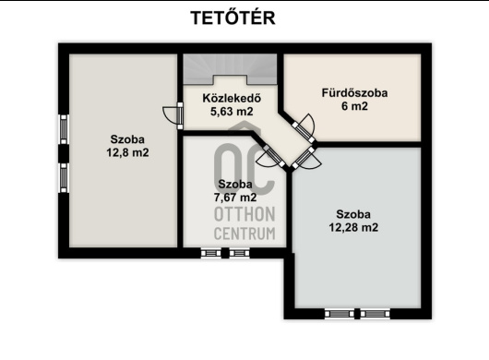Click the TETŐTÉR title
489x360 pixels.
click(233, 18)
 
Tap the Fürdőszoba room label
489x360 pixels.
click(354, 93)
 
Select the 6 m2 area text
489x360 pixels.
click(354, 106)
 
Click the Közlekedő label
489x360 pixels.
click(232, 98)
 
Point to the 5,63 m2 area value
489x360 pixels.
click(232, 112)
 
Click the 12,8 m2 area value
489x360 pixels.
click(127, 152)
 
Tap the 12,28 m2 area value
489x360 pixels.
click(353, 227)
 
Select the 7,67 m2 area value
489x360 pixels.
click(235, 198)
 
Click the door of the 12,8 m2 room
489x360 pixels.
click(173, 115)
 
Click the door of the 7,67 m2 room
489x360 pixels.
click(270, 157)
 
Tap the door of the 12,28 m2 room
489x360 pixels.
click(306, 159)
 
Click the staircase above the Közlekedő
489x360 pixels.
click(230, 69)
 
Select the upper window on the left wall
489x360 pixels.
click(64, 129)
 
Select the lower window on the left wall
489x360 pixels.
click(64, 177)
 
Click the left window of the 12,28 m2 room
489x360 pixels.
click(340, 314)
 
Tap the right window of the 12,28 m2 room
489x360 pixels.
click(376, 314)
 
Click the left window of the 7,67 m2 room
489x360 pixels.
click(210, 253)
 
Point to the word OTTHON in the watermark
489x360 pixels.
click(244, 214)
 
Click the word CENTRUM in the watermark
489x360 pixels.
click(244, 234)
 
